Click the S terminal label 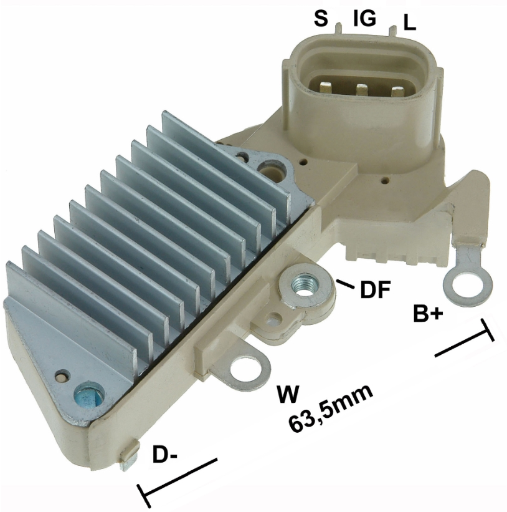coord(321,18)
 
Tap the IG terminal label coord(364,18)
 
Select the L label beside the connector coord(409,23)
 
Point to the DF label coord(376,289)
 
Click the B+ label coord(428,313)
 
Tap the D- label coord(164,455)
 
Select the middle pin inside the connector coord(362,90)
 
